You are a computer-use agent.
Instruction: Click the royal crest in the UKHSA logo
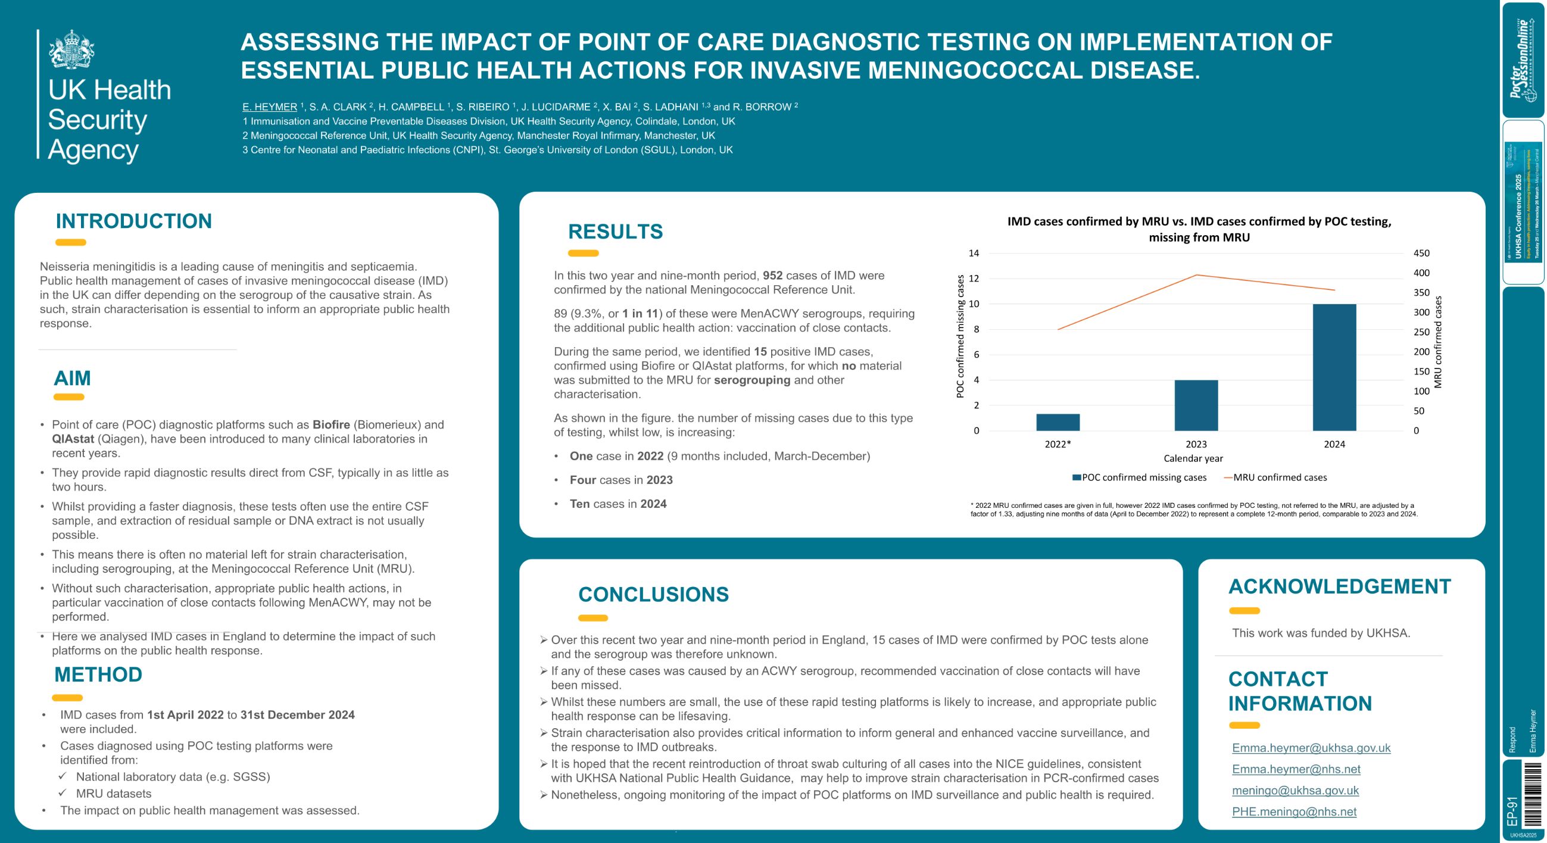pos(71,49)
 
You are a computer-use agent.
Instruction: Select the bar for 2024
pos(1334,367)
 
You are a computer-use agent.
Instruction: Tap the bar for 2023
pos(1196,405)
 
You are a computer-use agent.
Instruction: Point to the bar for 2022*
pos(1058,422)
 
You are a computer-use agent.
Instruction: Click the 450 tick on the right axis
pos(1421,254)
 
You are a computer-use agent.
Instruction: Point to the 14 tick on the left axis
pos(974,254)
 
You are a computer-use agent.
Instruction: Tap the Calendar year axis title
pos(1193,458)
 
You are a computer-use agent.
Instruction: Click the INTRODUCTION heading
pos(133,221)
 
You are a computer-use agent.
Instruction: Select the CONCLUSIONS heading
pos(653,594)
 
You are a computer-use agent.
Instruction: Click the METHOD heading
pos(98,675)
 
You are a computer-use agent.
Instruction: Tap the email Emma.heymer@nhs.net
pos(1296,769)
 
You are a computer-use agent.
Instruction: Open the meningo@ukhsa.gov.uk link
pos(1295,790)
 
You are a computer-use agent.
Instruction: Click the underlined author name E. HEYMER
pos(270,107)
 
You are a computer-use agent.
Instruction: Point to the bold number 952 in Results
pos(772,276)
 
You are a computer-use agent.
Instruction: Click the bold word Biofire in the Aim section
pos(331,424)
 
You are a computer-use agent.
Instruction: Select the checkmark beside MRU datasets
pos(63,792)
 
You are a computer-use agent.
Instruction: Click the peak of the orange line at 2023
pos(1196,275)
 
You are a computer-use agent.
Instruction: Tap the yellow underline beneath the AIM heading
pos(68,397)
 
